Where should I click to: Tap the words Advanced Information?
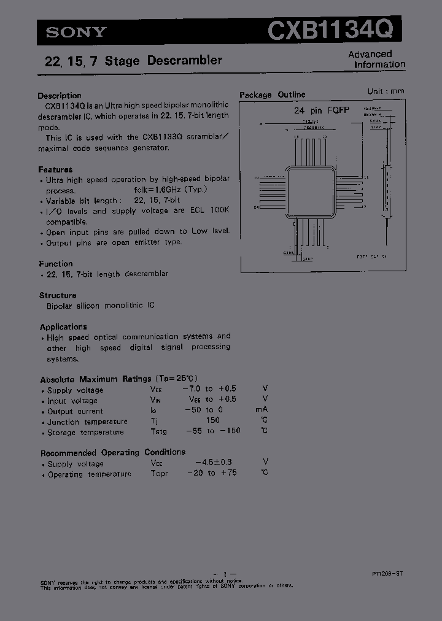coord(376,59)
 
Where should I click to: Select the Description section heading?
coord(60,96)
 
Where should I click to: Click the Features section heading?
coord(55,169)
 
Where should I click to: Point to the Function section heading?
coord(56,264)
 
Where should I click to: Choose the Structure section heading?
coord(58,295)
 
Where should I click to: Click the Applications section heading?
coord(63,327)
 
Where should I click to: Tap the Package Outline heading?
coord(272,94)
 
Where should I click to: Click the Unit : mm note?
coord(386,91)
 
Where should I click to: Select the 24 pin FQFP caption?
coord(321,110)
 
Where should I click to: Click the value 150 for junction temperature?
coord(212,421)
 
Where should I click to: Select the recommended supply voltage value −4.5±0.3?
coord(213,462)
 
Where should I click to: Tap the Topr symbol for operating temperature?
coord(159,474)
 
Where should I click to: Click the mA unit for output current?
coord(262,410)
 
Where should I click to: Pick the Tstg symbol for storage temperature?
coord(158,432)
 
